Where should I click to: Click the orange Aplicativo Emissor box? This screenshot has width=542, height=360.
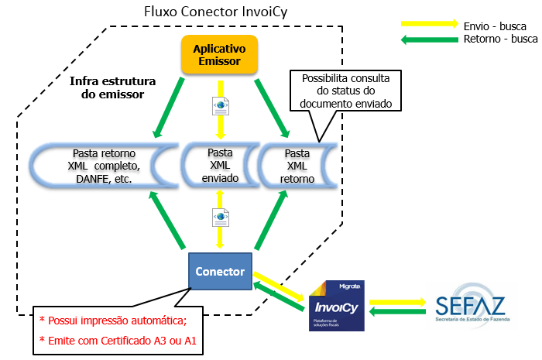(x=218, y=54)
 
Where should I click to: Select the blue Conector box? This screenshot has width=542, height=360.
(x=220, y=272)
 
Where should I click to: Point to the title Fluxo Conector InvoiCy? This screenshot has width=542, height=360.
(x=211, y=13)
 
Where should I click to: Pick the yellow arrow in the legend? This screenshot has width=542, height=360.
(x=431, y=24)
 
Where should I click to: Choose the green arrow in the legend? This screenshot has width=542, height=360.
(x=431, y=39)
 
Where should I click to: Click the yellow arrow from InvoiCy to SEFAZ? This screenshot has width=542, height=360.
(x=397, y=302)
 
